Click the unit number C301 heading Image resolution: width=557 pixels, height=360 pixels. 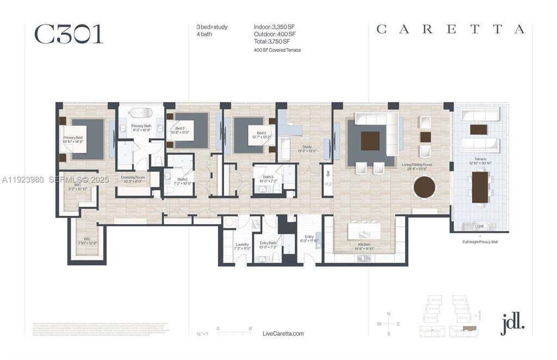click(x=69, y=34)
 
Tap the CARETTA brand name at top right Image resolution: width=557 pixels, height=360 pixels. click(x=450, y=30)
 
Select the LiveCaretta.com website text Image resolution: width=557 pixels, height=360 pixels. click(x=283, y=333)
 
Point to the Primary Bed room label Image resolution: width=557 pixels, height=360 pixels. click(x=73, y=139)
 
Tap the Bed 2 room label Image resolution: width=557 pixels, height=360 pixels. click(x=180, y=131)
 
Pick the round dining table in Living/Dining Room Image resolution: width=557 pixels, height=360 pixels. click(x=424, y=188)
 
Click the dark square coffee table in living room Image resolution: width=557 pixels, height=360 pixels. click(x=370, y=141)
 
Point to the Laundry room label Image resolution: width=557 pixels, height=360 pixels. click(x=242, y=246)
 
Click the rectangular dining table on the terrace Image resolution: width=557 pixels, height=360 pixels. click(x=479, y=187)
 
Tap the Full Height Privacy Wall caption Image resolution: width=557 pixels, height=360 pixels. click(x=480, y=241)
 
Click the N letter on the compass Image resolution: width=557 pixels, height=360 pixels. click(x=388, y=314)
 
